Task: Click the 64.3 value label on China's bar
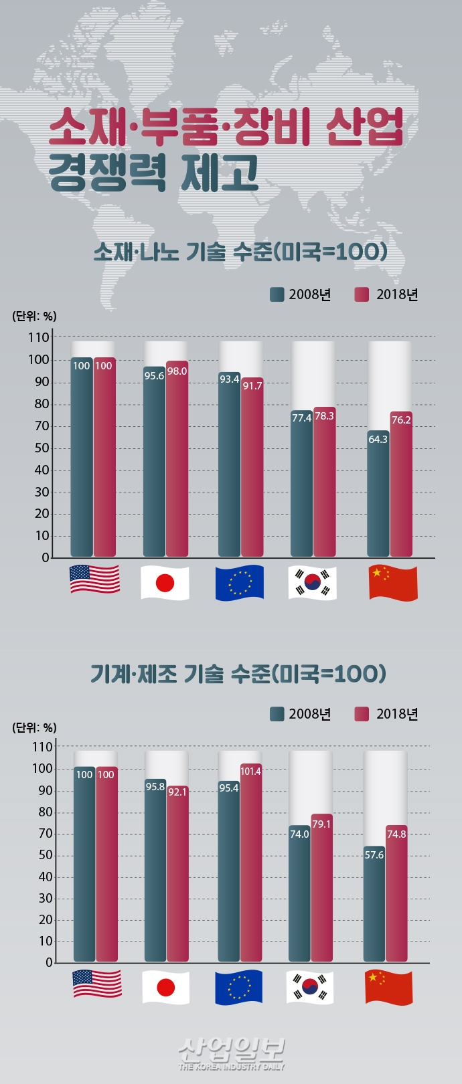(378, 440)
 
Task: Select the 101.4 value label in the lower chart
(250, 772)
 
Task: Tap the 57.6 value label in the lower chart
(374, 855)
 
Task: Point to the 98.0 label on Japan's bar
(177, 371)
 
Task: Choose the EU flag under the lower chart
(238, 988)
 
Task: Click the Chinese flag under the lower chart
(388, 988)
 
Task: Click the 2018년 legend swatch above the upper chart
(362, 294)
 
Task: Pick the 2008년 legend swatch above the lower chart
(277, 714)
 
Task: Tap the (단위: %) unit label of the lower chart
(34, 727)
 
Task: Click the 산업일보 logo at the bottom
(232, 1053)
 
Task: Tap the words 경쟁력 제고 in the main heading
(153, 173)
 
